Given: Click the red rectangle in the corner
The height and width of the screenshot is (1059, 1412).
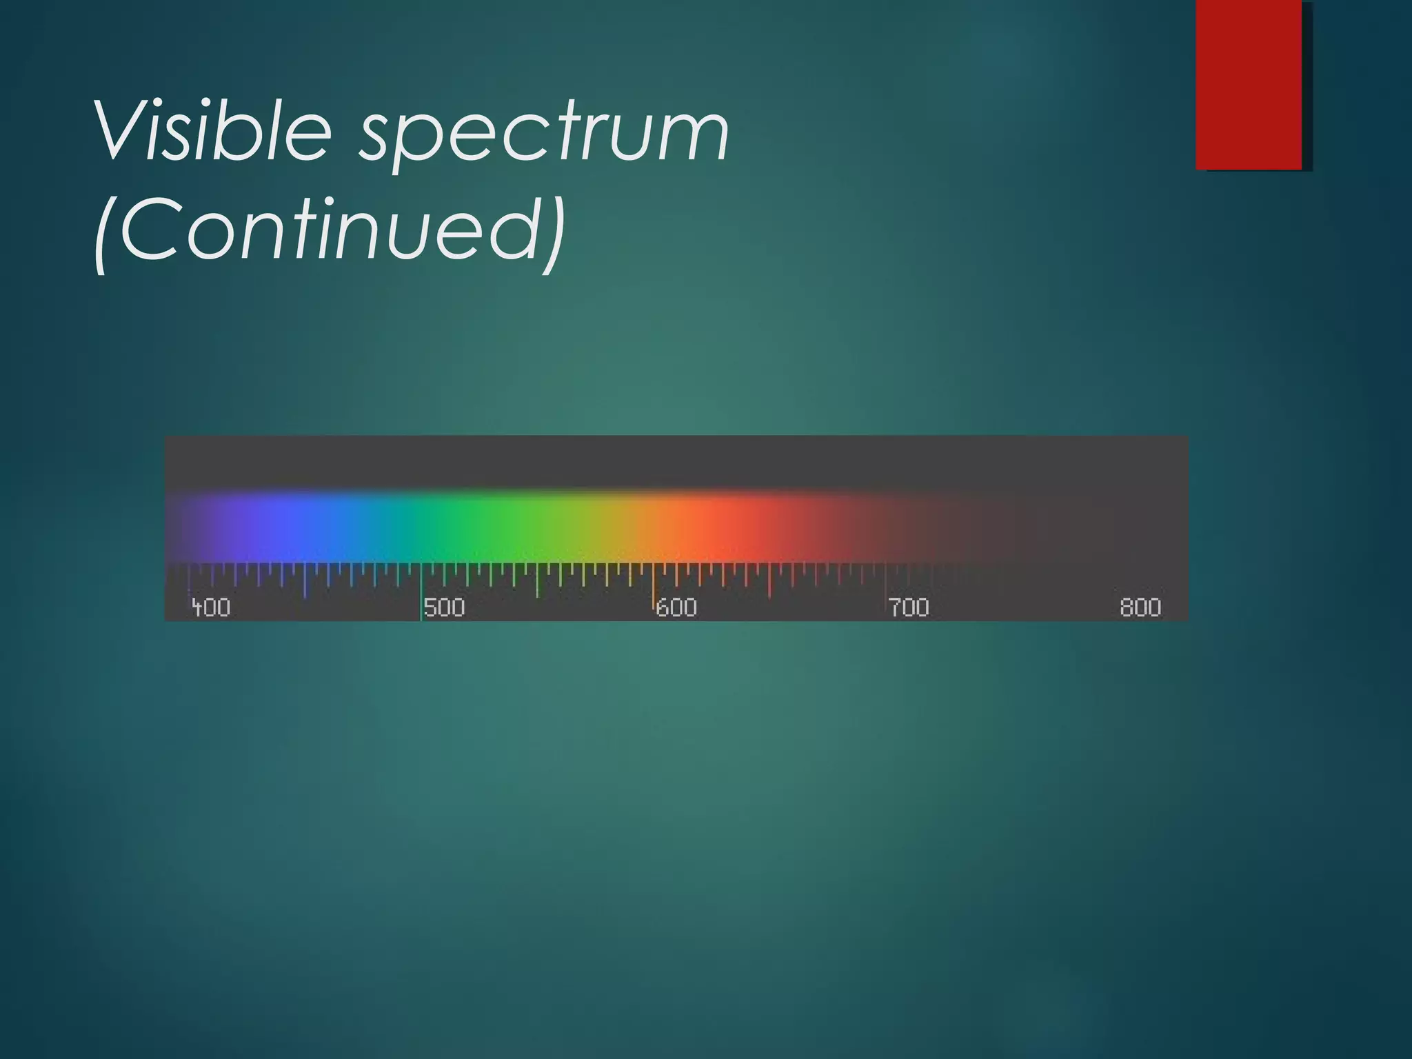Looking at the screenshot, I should tap(1249, 84).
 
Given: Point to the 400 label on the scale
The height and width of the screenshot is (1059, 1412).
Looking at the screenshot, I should tap(211, 607).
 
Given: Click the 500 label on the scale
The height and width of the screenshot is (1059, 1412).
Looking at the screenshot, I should tap(444, 607).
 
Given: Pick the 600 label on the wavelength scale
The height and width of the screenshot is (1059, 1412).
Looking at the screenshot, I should tap(676, 607).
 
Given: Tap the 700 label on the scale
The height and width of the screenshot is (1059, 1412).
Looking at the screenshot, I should tap(909, 607).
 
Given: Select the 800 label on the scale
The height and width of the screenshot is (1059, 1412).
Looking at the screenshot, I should tap(1140, 607).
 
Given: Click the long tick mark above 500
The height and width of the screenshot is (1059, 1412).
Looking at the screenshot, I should tap(421, 583).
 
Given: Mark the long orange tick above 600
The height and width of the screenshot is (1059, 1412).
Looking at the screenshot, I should tap(654, 583).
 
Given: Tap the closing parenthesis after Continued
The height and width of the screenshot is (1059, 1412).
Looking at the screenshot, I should tap(553, 231).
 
